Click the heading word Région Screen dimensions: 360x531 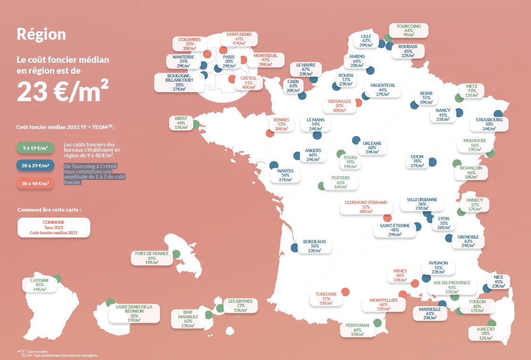tap(41, 34)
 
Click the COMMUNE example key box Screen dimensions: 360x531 tap(53, 227)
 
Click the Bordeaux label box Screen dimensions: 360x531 tap(315, 246)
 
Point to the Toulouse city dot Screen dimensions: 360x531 tap(345, 292)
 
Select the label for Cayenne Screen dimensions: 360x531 tap(40, 284)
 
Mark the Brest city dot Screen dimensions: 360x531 tap(195, 125)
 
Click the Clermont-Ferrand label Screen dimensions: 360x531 tap(366, 207)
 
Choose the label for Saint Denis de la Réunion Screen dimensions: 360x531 tap(134, 313)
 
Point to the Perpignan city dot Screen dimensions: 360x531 tap(377, 323)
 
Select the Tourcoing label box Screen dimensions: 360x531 tap(409, 30)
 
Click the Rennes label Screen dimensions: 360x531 tap(281, 124)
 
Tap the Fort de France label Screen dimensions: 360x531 tap(152, 257)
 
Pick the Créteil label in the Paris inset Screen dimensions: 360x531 tap(248, 83)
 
